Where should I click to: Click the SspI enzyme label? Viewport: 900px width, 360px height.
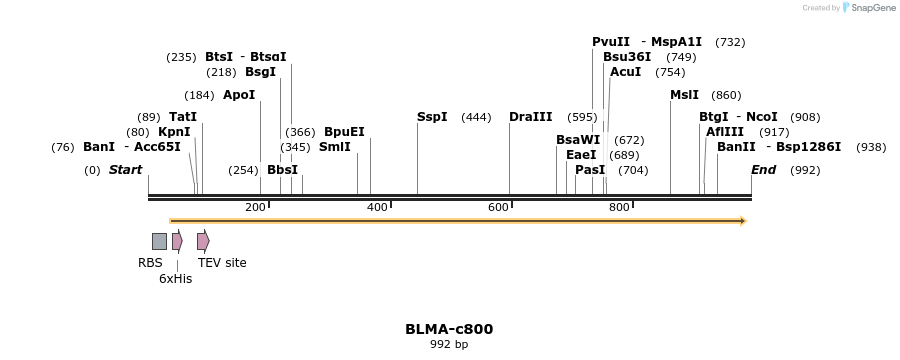pos(432,117)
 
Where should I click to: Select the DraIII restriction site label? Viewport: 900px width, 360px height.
pos(530,117)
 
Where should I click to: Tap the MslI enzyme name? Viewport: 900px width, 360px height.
pos(685,95)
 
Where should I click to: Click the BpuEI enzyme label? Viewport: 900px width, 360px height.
pos(344,132)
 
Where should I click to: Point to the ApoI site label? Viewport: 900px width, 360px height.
pos(239,95)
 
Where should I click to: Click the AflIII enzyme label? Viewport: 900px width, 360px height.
pos(725,132)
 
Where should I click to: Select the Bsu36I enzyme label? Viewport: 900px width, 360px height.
pos(627,57)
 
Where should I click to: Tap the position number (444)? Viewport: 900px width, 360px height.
pos(476,118)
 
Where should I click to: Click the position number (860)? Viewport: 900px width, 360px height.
pos(726,96)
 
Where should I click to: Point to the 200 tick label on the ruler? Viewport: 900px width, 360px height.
pos(255,207)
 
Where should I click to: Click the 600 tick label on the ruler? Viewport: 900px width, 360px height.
pos(498,207)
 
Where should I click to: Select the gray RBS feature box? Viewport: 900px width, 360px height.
pos(159,241)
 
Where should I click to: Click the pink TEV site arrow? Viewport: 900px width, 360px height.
pos(203,241)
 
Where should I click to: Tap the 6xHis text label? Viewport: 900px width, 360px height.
pos(175,279)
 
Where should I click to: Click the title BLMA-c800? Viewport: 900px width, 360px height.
pos(449,329)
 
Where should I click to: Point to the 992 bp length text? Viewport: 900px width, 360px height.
pos(449,345)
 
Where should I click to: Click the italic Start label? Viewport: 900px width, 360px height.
pos(125,170)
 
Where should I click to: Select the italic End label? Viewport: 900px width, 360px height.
pos(763,170)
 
